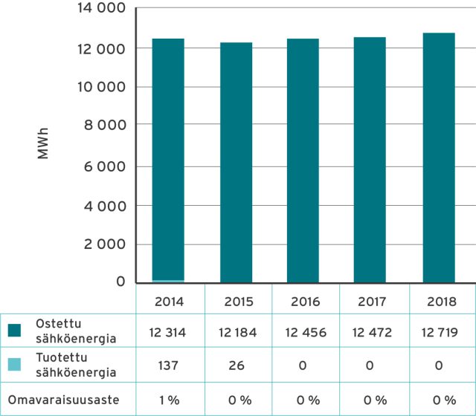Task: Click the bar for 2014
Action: pyautogui.click(x=168, y=160)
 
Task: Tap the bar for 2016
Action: pyautogui.click(x=303, y=160)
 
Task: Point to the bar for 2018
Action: pyautogui.click(x=438, y=157)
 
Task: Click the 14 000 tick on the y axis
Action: pyautogui.click(x=100, y=9)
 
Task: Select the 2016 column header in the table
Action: pyautogui.click(x=306, y=302)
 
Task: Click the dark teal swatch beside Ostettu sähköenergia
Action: pyautogui.click(x=15, y=330)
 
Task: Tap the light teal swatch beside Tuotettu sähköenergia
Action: pyautogui.click(x=15, y=364)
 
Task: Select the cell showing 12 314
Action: pyautogui.click(x=169, y=332)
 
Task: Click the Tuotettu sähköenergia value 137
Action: pyautogui.click(x=169, y=365)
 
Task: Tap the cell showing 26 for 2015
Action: pyautogui.click(x=238, y=365)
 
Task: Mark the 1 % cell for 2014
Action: pyautogui.click(x=169, y=400)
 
